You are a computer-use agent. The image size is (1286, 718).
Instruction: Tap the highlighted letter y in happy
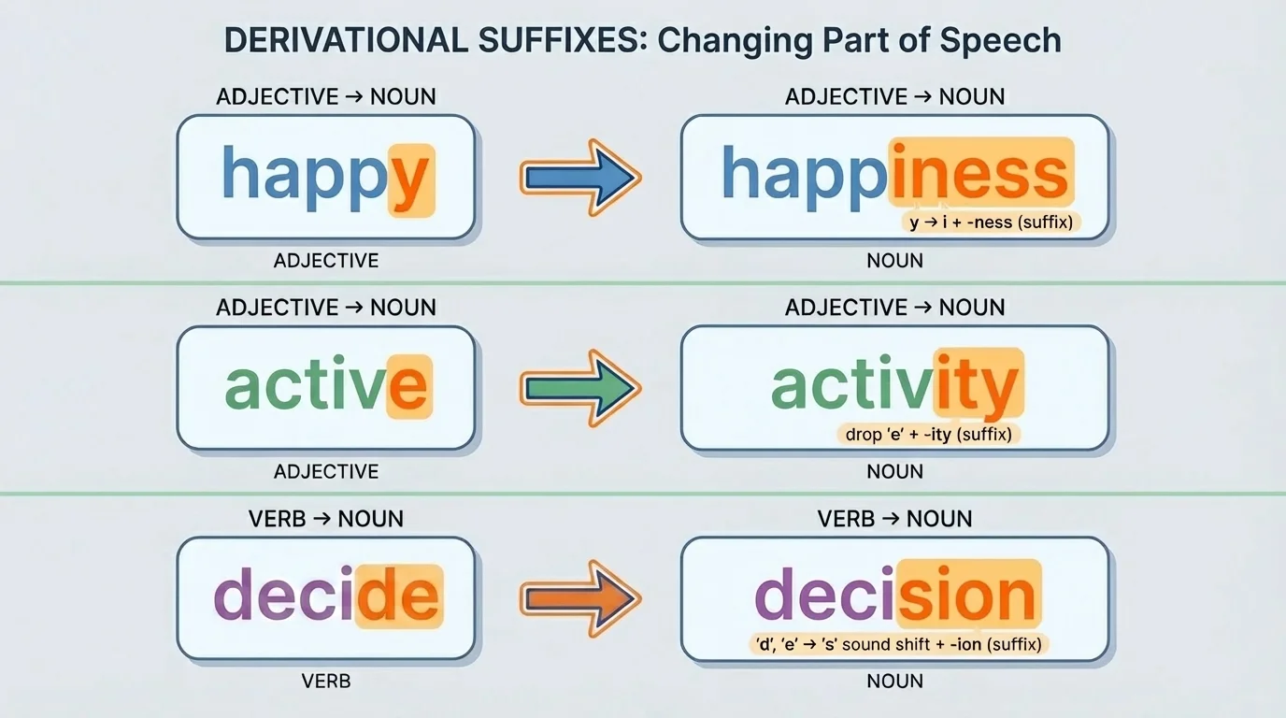coord(410,179)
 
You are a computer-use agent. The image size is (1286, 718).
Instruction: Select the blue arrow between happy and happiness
coord(579,177)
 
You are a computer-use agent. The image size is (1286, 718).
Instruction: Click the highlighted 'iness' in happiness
coord(979,174)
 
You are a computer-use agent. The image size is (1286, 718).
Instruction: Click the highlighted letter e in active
coord(408,387)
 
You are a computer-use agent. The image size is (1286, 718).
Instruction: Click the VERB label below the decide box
coord(325,682)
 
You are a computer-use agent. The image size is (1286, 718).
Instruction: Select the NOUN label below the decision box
coord(894,682)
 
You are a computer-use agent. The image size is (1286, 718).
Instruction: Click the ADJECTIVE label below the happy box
coord(325,261)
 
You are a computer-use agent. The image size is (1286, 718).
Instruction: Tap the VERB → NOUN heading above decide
coord(325,519)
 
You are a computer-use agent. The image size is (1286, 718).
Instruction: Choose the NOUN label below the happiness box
coord(894,261)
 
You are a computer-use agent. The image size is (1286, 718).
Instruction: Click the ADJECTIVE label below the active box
coord(325,472)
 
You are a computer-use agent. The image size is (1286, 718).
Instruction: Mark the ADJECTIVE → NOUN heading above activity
coord(894,308)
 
